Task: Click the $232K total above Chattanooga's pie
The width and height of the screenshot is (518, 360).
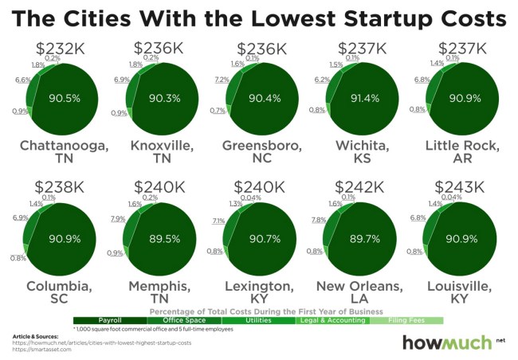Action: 59,50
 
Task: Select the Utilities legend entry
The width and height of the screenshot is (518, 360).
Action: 258,320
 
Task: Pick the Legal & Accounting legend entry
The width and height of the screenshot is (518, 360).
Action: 332,320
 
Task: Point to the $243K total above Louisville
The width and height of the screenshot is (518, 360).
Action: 458,188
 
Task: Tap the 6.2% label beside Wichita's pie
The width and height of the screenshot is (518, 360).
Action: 322,80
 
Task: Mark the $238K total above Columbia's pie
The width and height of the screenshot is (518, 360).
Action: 59,188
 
